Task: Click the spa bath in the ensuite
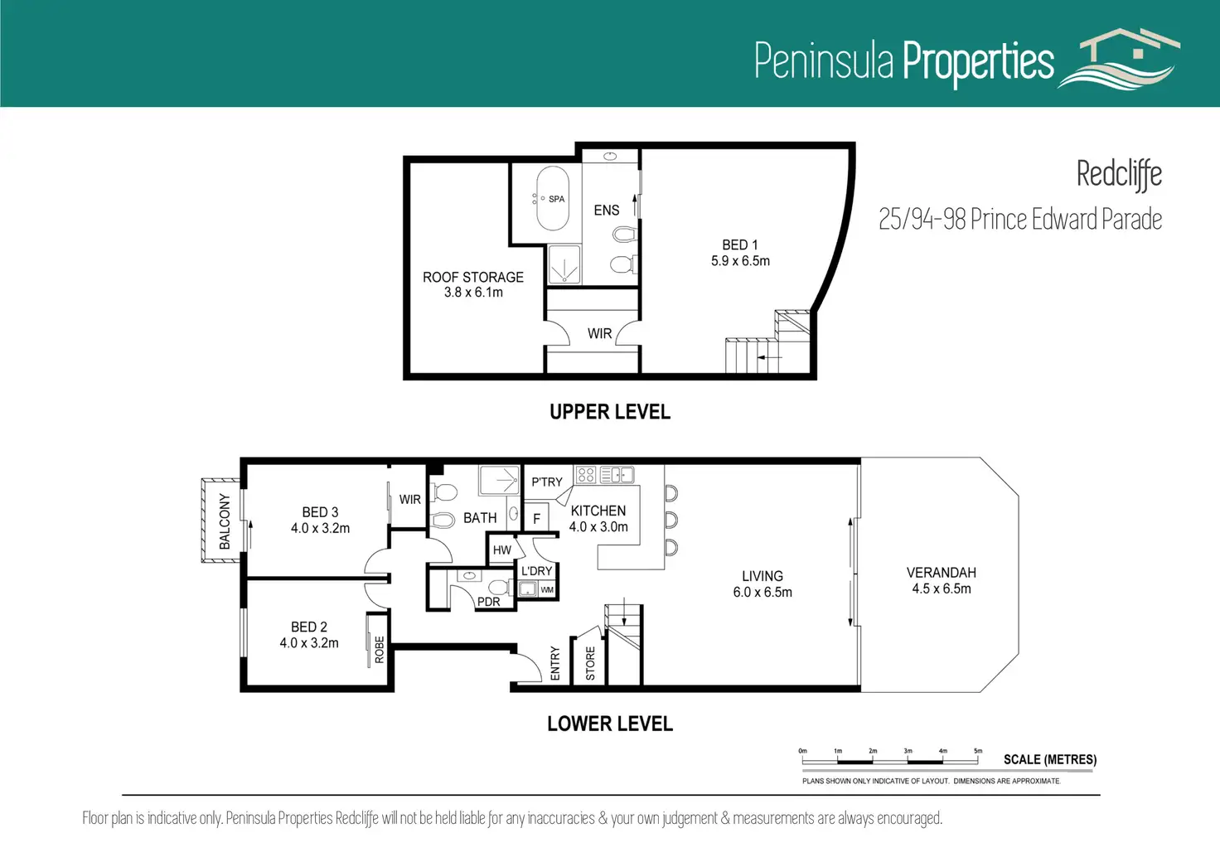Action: pyautogui.click(x=552, y=199)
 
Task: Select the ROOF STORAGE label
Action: pyautogui.click(x=472, y=277)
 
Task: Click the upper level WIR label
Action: pyautogui.click(x=600, y=333)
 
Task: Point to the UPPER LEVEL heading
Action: pyautogui.click(x=610, y=412)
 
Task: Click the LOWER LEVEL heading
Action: pyautogui.click(x=610, y=724)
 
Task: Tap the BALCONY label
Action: pyautogui.click(x=225, y=521)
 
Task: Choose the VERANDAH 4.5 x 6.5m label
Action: pyautogui.click(x=942, y=580)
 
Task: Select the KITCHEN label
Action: pyautogui.click(x=598, y=511)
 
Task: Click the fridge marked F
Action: pyautogui.click(x=536, y=517)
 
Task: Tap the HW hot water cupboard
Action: pyautogui.click(x=502, y=550)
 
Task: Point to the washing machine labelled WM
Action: pyautogui.click(x=547, y=589)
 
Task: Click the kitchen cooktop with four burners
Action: pyautogui.click(x=585, y=474)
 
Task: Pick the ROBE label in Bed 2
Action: pyautogui.click(x=379, y=649)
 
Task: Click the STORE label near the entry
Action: pyautogui.click(x=590, y=663)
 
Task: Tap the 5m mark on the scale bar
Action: pyautogui.click(x=978, y=752)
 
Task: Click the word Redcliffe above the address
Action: pyautogui.click(x=1119, y=175)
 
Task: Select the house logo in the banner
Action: pyautogui.click(x=1118, y=58)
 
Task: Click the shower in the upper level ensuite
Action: pyautogui.click(x=564, y=264)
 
